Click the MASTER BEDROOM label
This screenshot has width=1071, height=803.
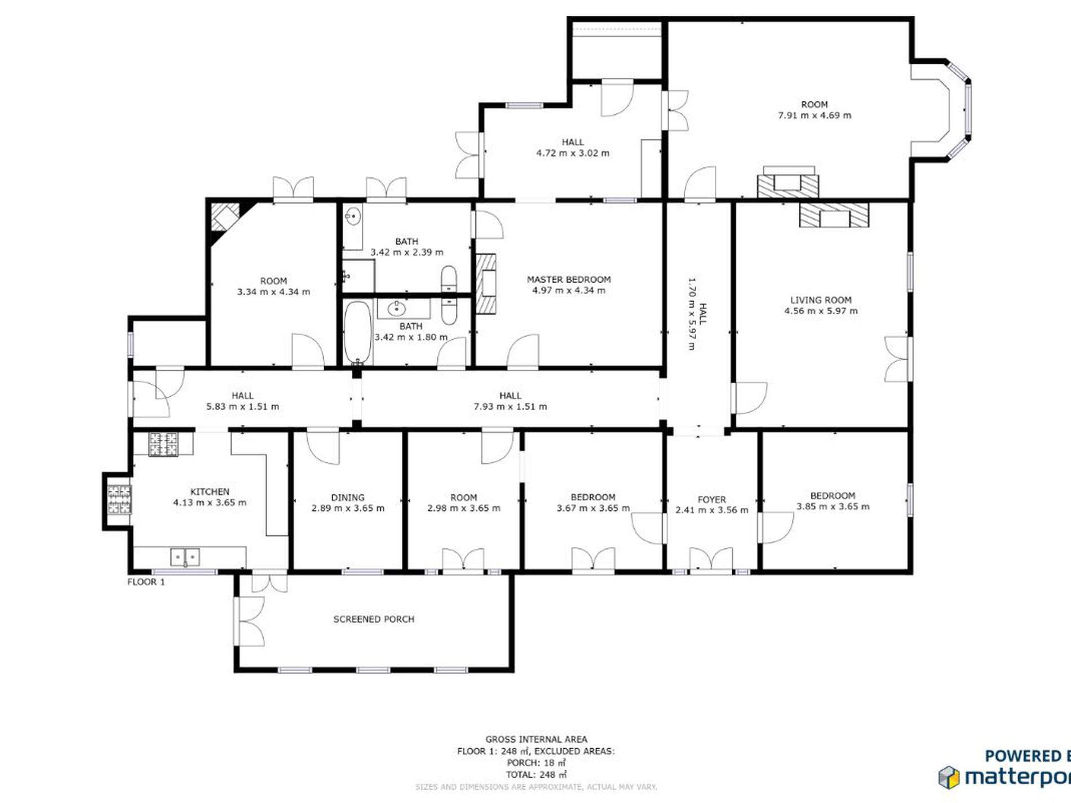tap(568, 280)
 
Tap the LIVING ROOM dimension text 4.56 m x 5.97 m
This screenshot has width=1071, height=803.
tap(821, 311)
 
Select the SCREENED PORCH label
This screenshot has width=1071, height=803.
tap(374, 619)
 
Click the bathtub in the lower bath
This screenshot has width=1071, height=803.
tap(357, 333)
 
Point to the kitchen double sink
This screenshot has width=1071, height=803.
tap(185, 557)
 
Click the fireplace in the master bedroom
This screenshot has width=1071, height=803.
tap(486, 283)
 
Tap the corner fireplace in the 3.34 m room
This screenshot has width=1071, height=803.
tap(224, 217)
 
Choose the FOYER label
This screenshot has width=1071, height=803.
tap(711, 500)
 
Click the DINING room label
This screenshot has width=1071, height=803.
tap(348, 498)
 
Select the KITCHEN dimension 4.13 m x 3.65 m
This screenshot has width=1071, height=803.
tap(210, 503)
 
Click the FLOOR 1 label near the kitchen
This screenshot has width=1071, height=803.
tap(146, 582)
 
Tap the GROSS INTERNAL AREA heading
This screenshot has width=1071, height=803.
tap(536, 739)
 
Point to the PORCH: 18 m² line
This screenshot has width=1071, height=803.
tap(536, 763)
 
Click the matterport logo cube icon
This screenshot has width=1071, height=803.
tap(949, 777)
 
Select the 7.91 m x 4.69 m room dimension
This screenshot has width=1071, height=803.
tap(815, 116)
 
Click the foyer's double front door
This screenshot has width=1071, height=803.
tap(711, 562)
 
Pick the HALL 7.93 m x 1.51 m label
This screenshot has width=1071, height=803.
tap(510, 401)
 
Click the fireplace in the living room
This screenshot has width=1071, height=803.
tap(834, 216)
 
